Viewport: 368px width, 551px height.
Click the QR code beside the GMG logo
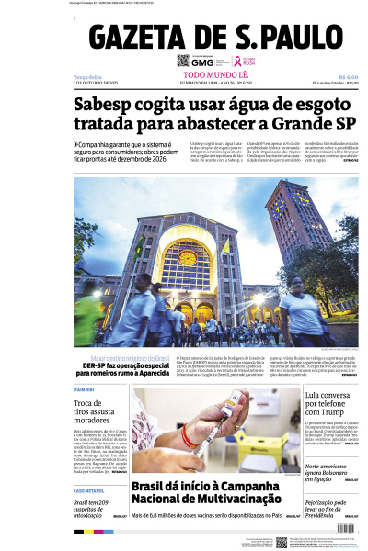point(183,61)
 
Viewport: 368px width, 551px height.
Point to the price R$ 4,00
point(348,76)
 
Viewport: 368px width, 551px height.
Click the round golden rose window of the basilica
point(188,257)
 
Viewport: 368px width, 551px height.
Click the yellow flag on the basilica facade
point(225,246)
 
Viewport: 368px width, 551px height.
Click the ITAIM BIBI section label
point(86,390)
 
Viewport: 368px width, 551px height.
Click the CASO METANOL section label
point(90,490)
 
